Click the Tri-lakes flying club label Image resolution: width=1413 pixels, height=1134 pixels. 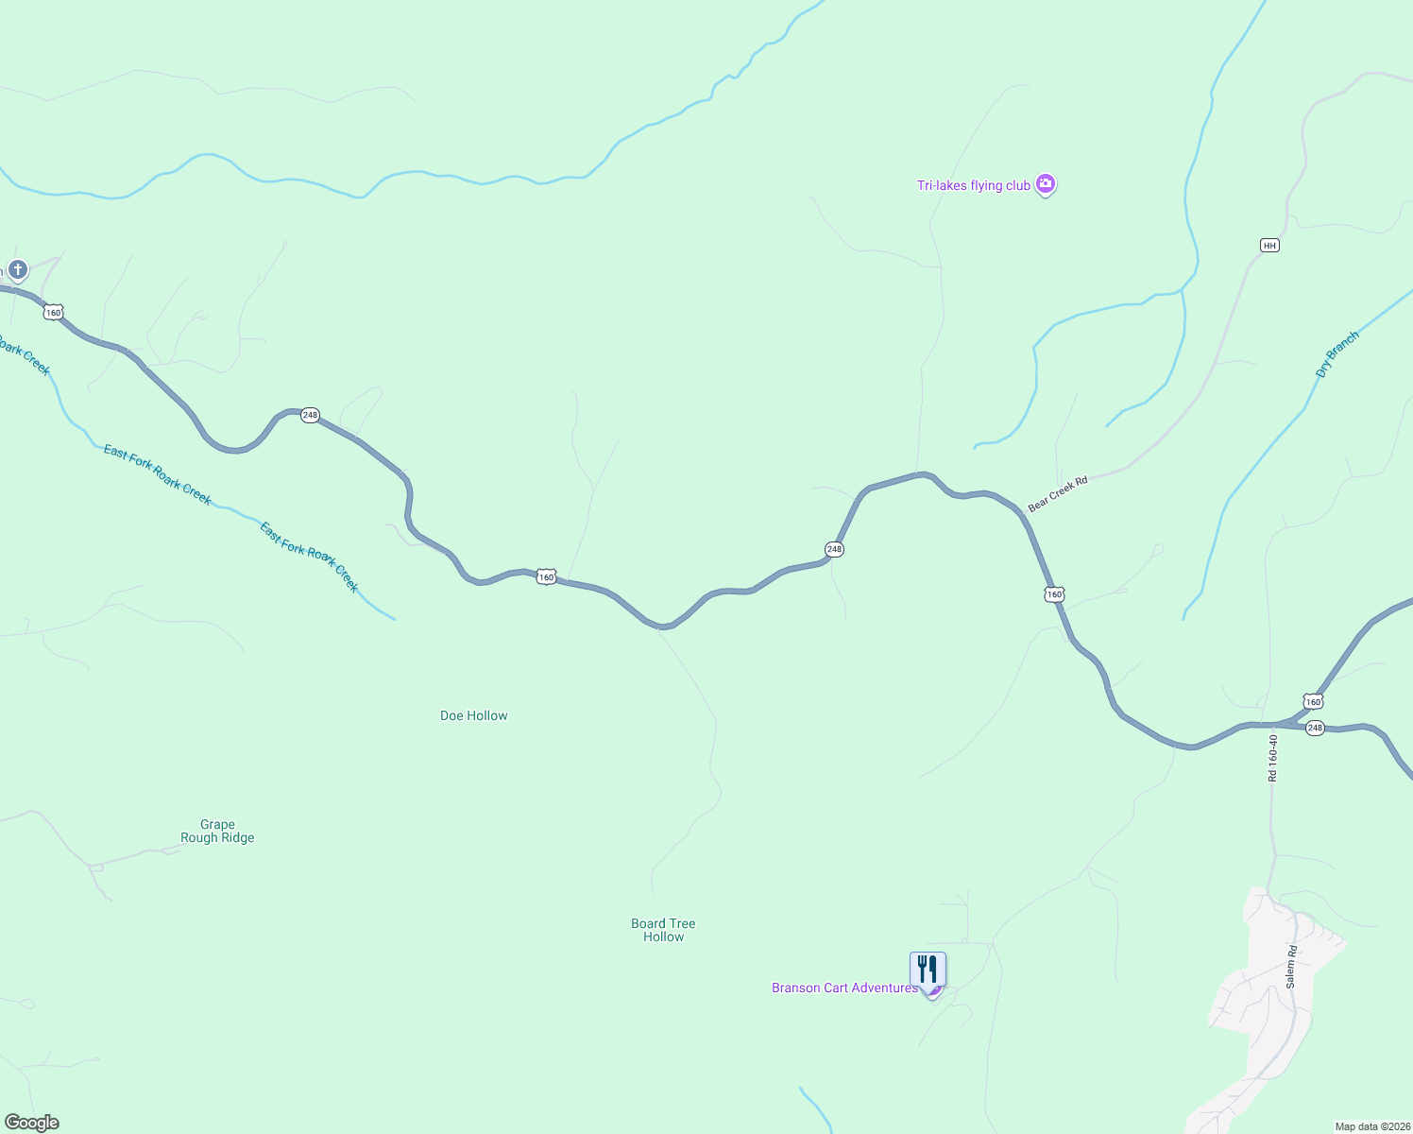pos(973,185)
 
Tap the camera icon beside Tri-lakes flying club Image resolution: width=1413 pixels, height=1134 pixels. pos(1045,183)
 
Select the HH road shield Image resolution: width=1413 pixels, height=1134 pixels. pos(1269,246)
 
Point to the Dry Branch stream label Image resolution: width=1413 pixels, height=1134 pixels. pos(1337,354)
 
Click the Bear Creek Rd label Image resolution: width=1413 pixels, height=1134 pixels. pos(1058,493)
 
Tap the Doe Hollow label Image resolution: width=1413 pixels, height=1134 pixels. pos(473,715)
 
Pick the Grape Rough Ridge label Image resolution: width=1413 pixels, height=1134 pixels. pos(217,831)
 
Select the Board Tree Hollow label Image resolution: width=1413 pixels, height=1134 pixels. pos(663,930)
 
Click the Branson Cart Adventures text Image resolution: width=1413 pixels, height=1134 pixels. pos(844,988)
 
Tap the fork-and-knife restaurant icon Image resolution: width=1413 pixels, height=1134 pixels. pos(928,970)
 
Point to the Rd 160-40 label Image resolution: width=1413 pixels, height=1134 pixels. pos(1272,758)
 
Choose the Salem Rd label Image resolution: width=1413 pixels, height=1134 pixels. pos(1291,967)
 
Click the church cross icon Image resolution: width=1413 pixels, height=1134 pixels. pos(17,270)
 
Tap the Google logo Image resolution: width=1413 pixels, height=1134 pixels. pos(32,1123)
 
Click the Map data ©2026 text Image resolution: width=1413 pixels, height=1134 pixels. pos(1372,1126)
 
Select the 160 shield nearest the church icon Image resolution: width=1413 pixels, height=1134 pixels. pos(53,312)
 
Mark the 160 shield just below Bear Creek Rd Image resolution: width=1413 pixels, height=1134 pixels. pos(1054,594)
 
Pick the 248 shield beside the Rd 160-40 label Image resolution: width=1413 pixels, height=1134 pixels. pos(1315,728)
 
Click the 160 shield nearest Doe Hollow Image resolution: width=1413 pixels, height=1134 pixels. pos(546,576)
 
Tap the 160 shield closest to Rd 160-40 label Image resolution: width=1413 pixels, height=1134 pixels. pos(1313,701)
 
